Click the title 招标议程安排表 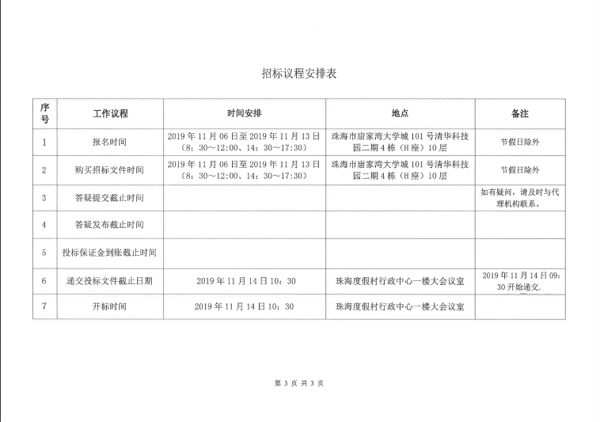click(299, 74)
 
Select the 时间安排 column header click(244, 114)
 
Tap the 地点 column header click(400, 114)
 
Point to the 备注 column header click(519, 114)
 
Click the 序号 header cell click(44, 114)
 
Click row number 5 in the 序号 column click(44, 253)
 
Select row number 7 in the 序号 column click(44, 306)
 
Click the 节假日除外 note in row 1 click(519, 143)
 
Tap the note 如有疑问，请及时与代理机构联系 click(519, 198)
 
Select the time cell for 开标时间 click(244, 306)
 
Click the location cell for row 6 click(400, 280)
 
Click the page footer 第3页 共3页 click(298, 383)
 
